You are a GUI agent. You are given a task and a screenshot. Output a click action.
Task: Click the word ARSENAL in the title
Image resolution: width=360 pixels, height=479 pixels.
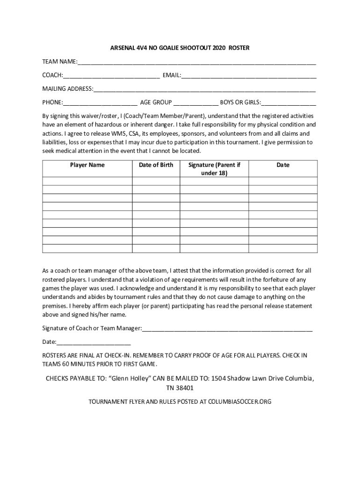coord(122,48)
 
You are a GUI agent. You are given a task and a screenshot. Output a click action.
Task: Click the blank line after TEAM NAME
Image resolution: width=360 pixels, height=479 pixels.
coord(197,62)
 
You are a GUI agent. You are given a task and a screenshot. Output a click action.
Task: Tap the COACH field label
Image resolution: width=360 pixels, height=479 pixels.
coord(52,75)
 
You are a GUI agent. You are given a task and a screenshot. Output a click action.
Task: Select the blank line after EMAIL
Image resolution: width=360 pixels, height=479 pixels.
coord(249,76)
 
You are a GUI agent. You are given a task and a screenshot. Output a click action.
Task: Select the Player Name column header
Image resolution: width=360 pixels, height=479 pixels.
coord(87,165)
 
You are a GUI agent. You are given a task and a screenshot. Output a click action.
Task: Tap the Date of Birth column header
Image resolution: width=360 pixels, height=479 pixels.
coord(156,165)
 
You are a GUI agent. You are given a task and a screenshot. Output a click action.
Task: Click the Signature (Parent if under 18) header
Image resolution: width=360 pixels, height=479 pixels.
coord(214,169)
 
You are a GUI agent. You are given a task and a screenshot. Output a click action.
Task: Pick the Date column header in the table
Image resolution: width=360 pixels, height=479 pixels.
coord(283,165)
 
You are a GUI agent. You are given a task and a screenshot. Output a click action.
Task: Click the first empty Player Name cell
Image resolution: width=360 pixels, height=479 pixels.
coord(87,181)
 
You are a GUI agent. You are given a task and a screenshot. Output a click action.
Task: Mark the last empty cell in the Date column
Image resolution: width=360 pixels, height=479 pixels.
coord(283,248)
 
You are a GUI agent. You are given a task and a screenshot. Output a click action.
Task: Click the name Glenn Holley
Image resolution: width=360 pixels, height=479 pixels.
coord(129,378)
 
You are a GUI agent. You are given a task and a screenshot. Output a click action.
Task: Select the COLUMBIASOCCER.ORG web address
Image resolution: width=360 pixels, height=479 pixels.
coord(239,402)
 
